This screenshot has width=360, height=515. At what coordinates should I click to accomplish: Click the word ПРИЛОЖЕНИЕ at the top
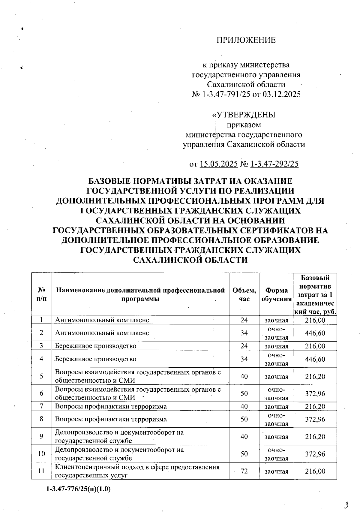point(246,40)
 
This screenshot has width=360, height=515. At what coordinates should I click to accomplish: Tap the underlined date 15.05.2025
point(219,164)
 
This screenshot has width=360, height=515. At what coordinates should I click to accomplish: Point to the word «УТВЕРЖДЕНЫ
point(244,115)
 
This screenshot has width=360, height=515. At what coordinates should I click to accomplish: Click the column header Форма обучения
point(276,294)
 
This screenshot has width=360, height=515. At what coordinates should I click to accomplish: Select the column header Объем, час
point(244,294)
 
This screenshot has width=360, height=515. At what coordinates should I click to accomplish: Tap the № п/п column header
point(42,294)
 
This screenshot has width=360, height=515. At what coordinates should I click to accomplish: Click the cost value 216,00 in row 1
point(315,320)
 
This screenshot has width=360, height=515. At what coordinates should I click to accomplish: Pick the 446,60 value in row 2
point(315,333)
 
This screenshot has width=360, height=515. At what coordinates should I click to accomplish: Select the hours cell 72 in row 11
point(244,471)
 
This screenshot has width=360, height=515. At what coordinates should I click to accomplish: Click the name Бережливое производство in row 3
point(95,346)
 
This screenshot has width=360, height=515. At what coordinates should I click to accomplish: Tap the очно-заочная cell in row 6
point(276,393)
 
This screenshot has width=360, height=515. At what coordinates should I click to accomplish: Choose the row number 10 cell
point(42,454)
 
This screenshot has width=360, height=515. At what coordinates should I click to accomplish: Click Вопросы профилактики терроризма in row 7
point(111,406)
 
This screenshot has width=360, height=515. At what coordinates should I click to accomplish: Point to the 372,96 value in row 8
point(315,419)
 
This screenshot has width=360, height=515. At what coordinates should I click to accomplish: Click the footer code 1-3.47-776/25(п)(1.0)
point(79,489)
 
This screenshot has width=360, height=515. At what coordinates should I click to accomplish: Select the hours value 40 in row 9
point(244,436)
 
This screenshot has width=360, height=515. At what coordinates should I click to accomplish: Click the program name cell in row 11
point(137,471)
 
